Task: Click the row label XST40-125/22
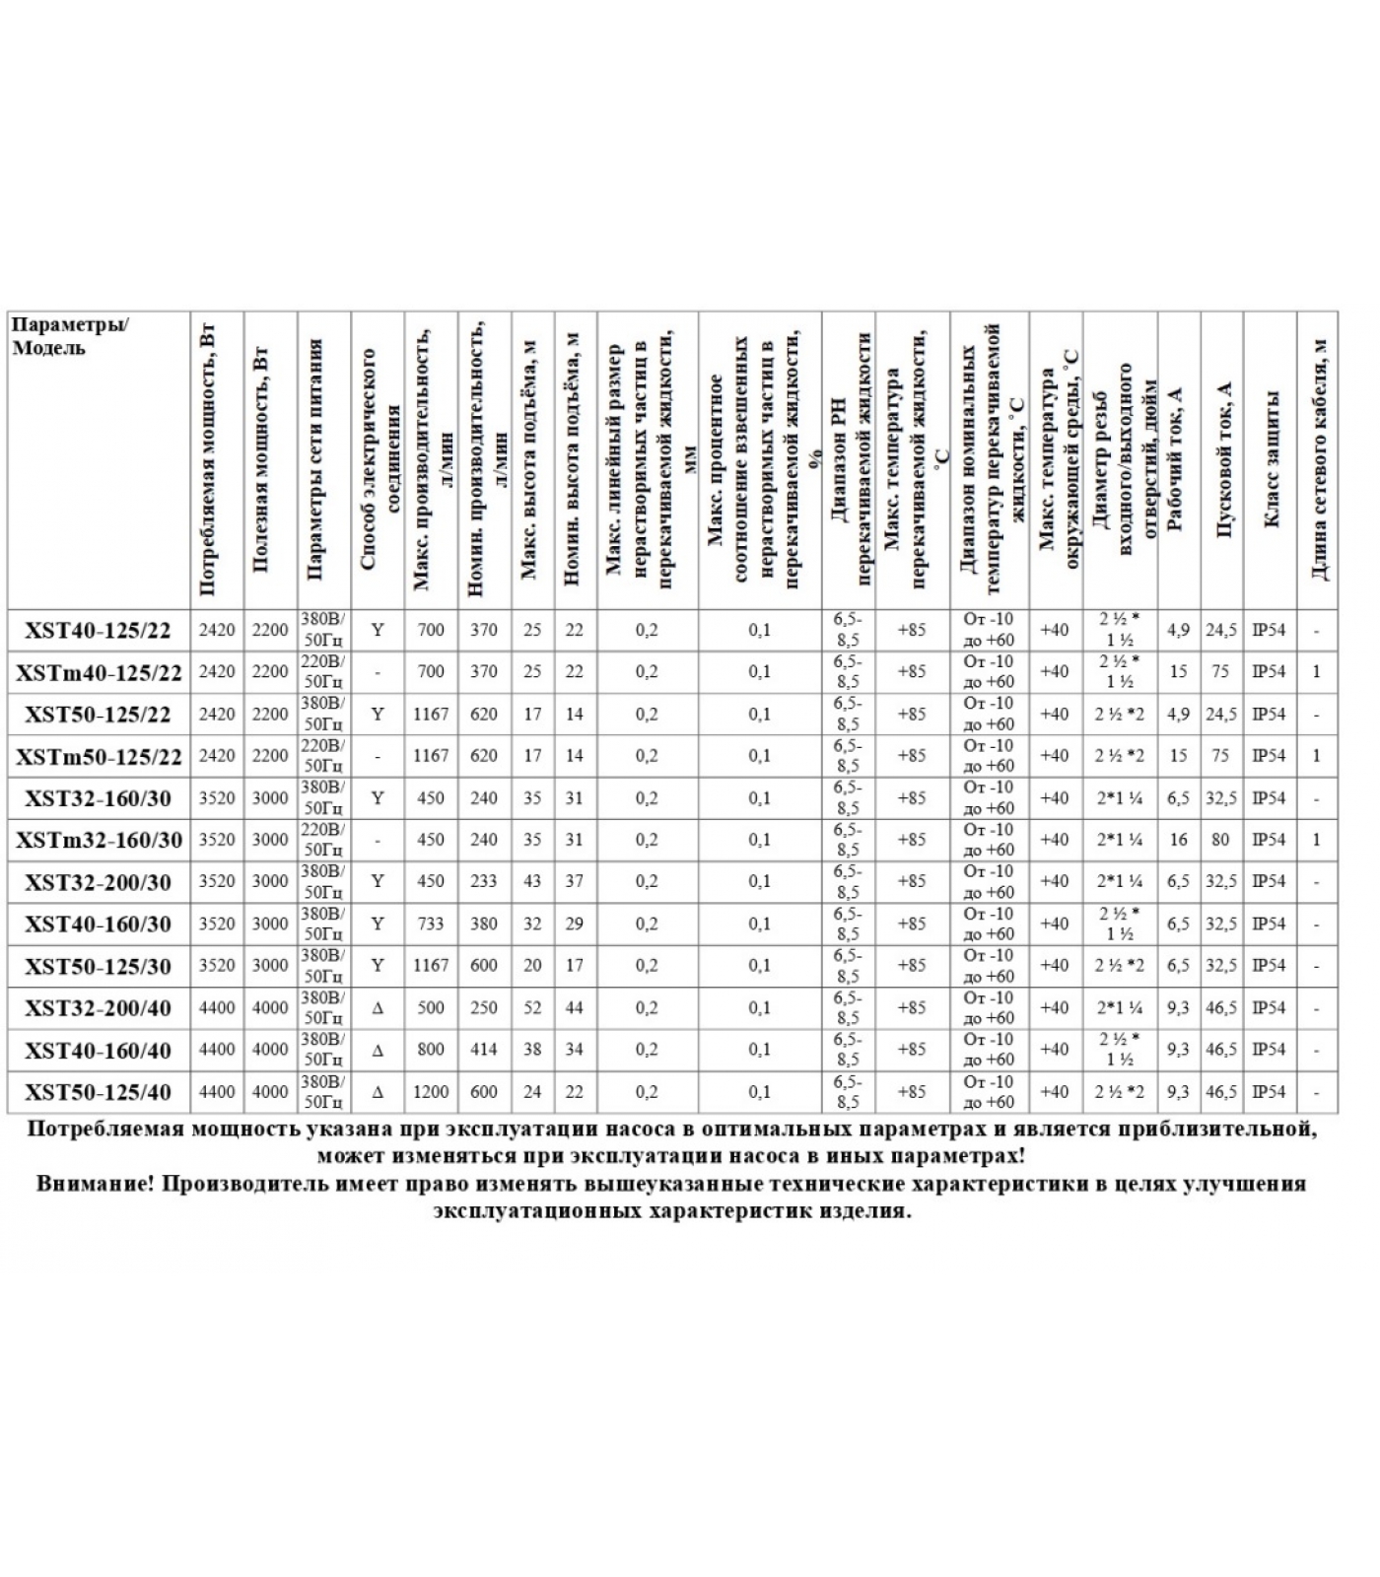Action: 98,631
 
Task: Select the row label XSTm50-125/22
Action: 99,757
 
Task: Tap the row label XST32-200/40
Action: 98,1008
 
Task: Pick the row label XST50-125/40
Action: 98,1092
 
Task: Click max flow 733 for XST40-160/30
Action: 431,925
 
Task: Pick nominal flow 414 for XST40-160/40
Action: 484,1050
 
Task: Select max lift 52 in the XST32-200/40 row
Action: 532,1008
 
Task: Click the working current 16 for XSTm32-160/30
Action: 1178,841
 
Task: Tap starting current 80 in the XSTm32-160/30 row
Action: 1221,841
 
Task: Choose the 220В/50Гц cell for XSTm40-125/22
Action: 323,672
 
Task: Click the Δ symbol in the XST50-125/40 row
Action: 378,1092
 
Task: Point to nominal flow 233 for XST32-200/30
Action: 484,882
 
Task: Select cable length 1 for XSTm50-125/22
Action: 1316,757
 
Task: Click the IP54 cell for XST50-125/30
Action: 1269,966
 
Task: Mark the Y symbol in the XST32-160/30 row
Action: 378,798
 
